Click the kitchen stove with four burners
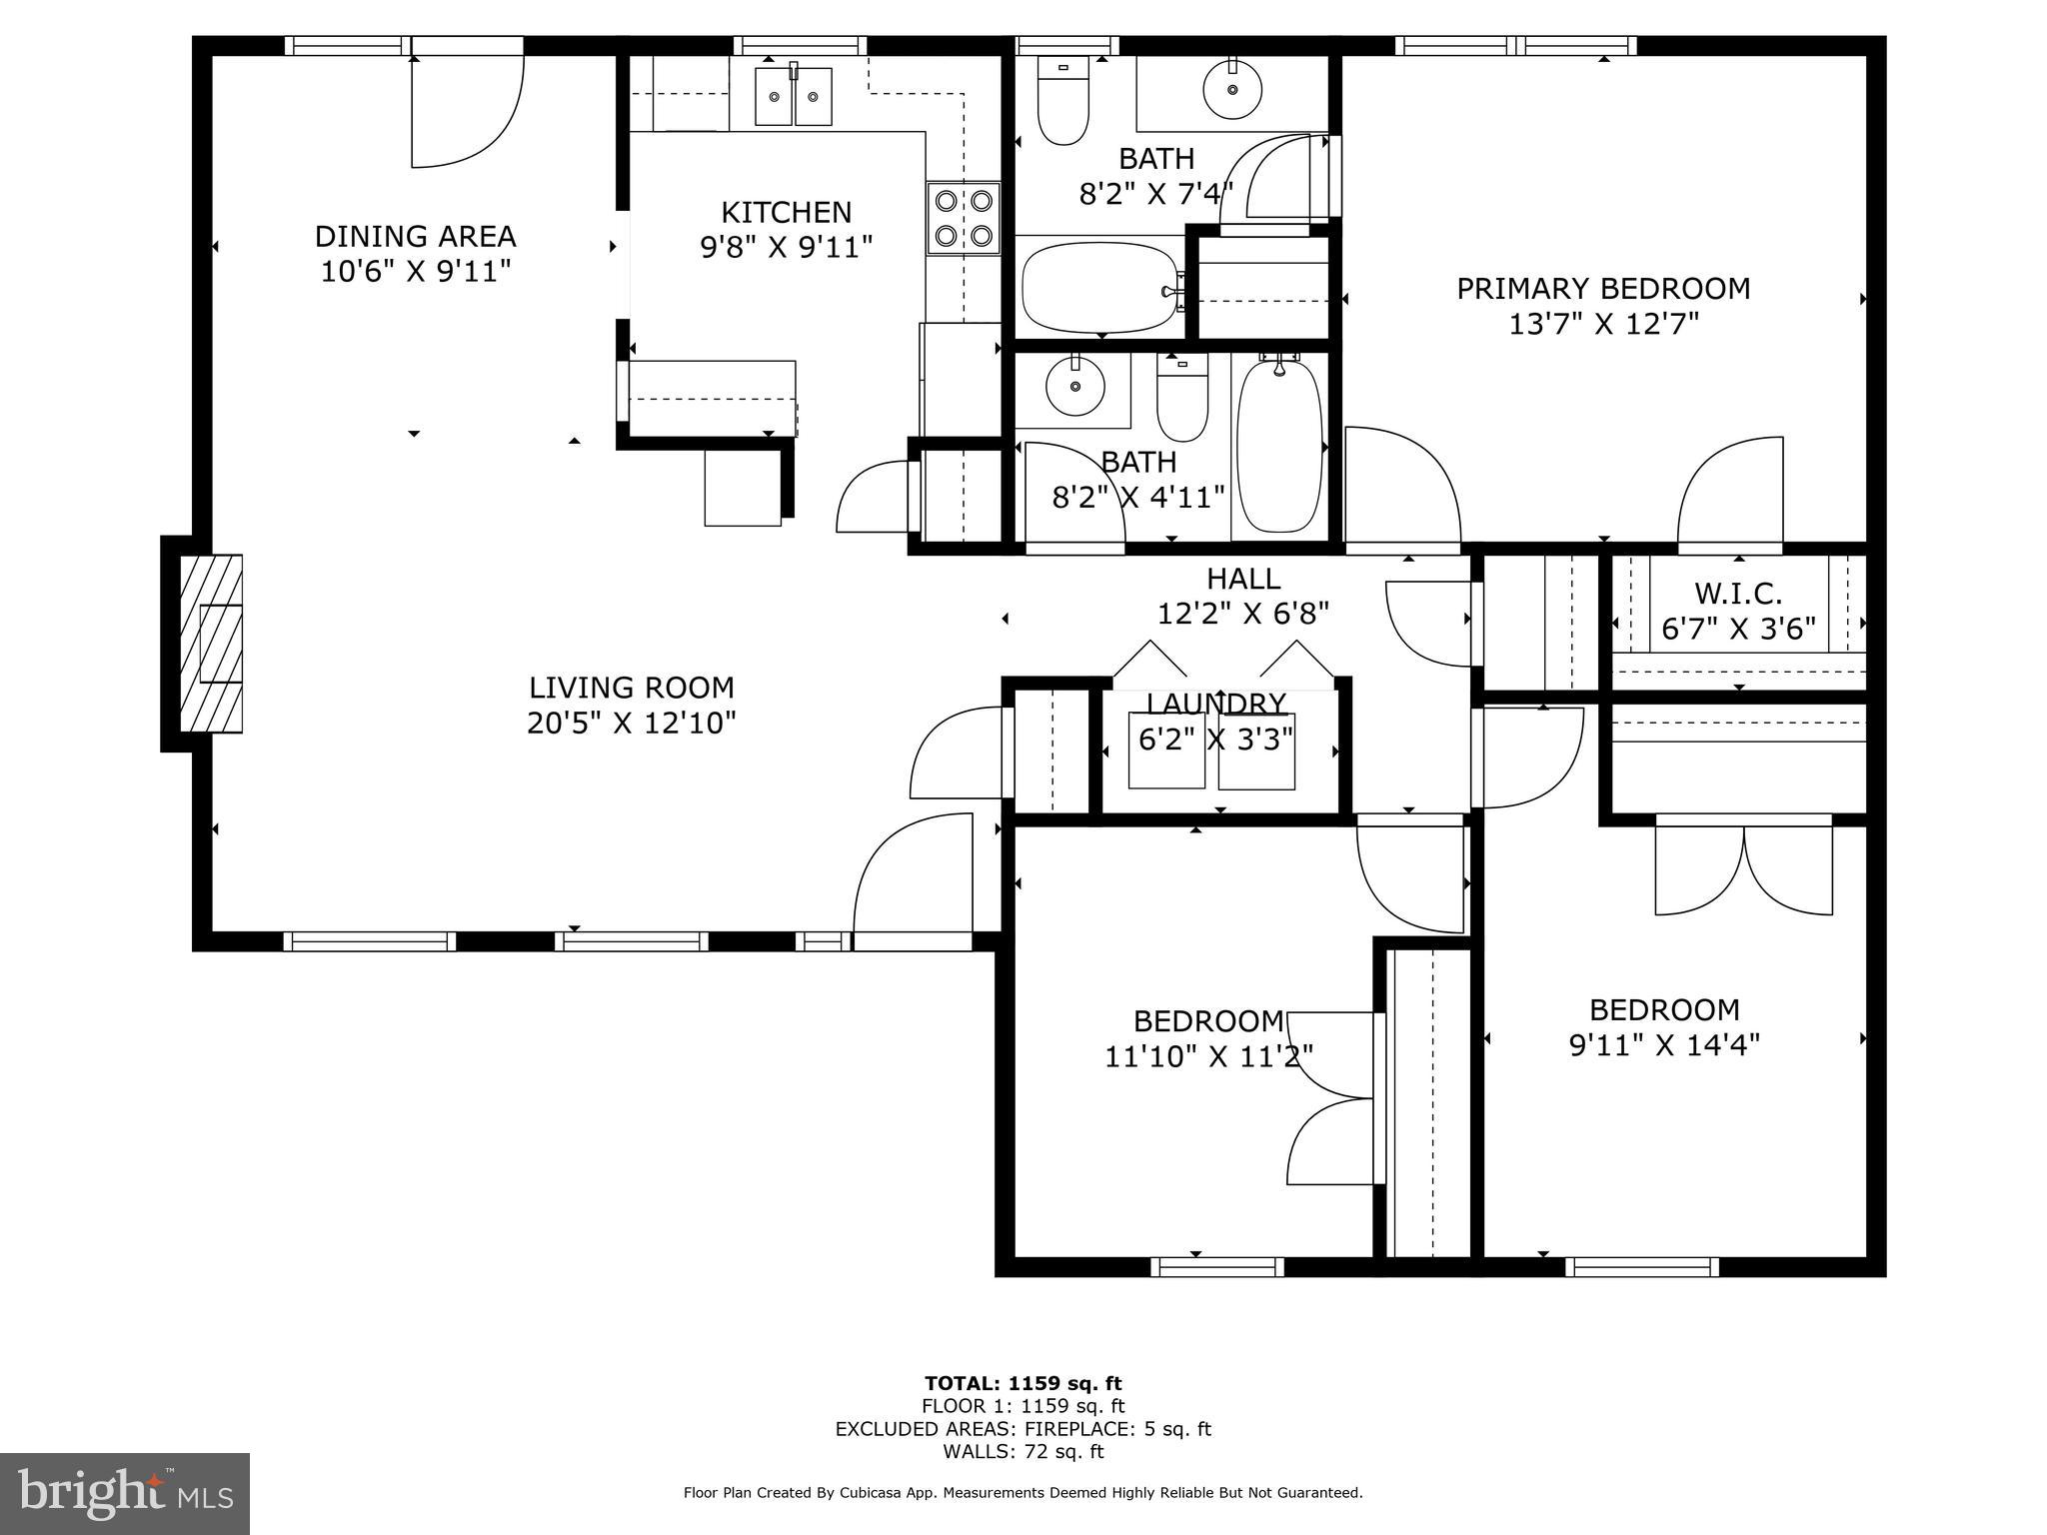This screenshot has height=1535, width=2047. [x=964, y=219]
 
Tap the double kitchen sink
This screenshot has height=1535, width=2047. [x=794, y=96]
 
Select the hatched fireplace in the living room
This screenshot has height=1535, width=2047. [x=211, y=644]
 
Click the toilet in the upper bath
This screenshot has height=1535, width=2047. [x=1063, y=100]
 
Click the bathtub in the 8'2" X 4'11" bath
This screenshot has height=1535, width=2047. [x=1279, y=446]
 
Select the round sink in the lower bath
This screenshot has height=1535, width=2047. [x=1075, y=386]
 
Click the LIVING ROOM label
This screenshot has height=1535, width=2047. [x=632, y=688]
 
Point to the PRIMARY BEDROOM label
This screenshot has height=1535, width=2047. [x=1603, y=289]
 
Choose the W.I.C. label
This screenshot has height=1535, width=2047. [x=1738, y=594]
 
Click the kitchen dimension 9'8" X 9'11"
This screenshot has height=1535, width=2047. [x=787, y=247]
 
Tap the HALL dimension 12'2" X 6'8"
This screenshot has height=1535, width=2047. [x=1243, y=613]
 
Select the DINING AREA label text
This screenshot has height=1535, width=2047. [x=416, y=237]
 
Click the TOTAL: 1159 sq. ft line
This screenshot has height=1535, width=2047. [x=1023, y=1383]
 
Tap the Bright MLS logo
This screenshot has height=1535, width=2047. [x=125, y=1493]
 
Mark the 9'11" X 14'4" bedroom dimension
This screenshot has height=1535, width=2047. [x=1664, y=1045]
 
